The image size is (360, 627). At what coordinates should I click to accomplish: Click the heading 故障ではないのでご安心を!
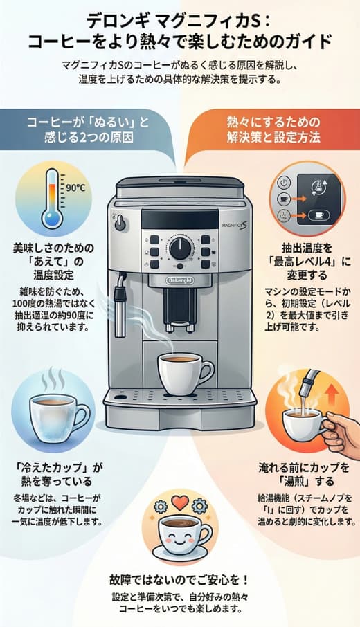point(179,578)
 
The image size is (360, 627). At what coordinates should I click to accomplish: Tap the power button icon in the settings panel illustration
point(283,183)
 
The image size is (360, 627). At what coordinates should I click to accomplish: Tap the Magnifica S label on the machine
point(235,224)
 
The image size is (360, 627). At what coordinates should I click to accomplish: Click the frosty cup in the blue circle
point(53,413)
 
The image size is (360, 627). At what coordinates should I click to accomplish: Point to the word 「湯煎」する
point(303,480)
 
